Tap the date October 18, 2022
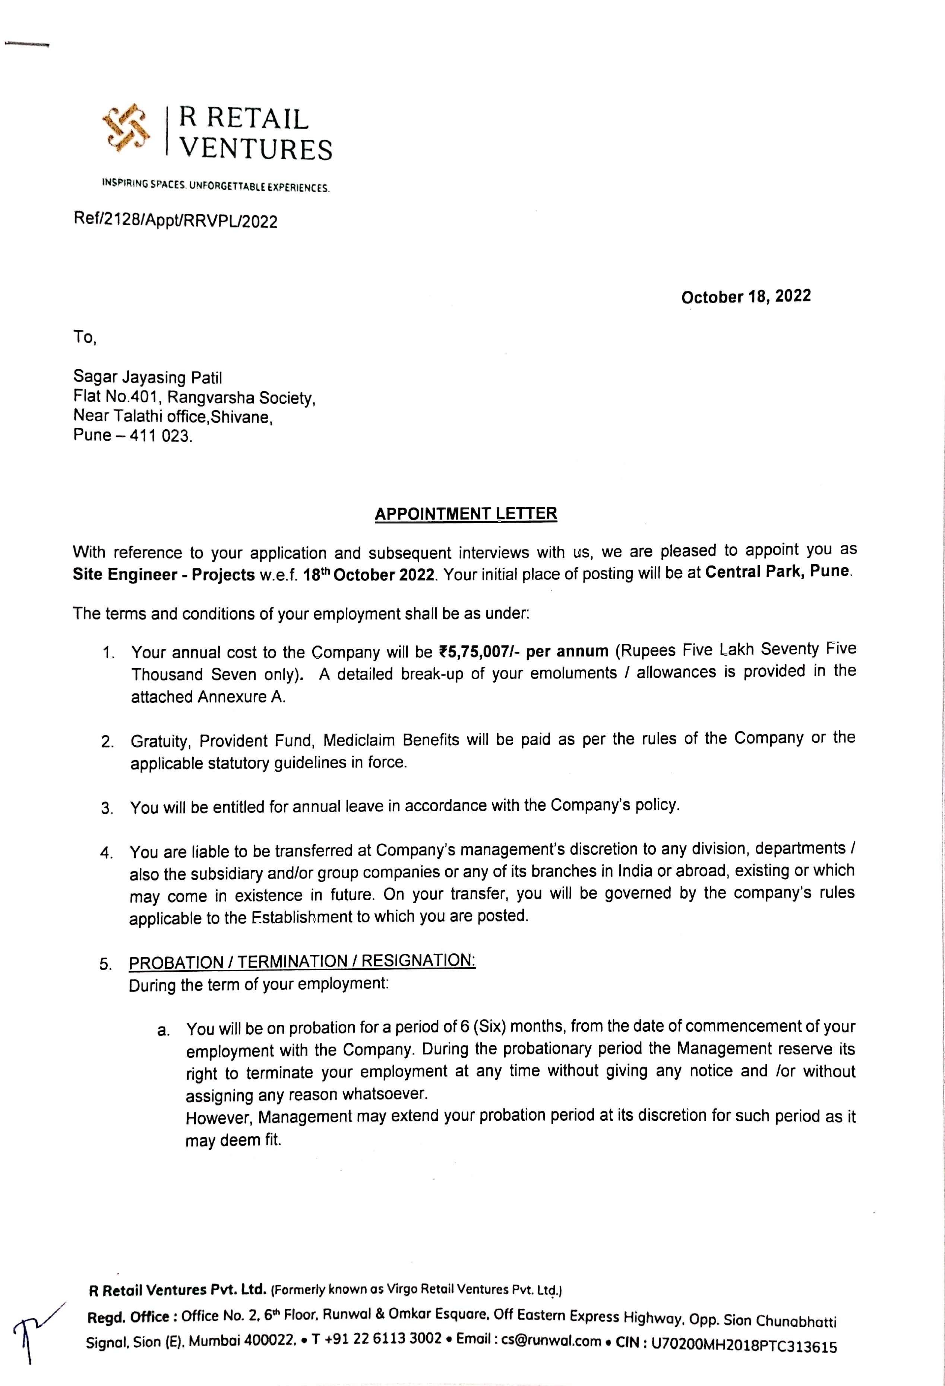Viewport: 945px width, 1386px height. click(746, 297)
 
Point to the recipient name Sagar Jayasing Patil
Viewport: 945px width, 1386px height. click(147, 377)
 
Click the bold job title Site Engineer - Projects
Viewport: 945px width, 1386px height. click(164, 575)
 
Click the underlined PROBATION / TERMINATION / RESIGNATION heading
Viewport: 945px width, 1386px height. click(302, 961)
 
